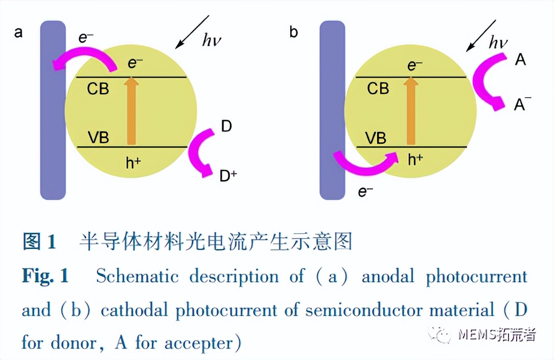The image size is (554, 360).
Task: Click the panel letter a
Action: pyautogui.click(x=19, y=33)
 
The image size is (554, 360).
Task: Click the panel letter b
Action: pyautogui.click(x=294, y=33)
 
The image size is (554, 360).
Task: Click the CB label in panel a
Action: pyautogui.click(x=98, y=88)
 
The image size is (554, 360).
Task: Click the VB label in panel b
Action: pyautogui.click(x=376, y=138)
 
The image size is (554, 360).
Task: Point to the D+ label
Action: pyautogui.click(x=227, y=176)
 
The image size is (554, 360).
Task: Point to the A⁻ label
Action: pyautogui.click(x=521, y=105)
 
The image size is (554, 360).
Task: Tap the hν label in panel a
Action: pyautogui.click(x=212, y=40)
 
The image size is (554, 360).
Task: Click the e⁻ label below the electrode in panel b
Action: pyautogui.click(x=365, y=192)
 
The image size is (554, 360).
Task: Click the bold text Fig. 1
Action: pyautogui.click(x=45, y=277)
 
